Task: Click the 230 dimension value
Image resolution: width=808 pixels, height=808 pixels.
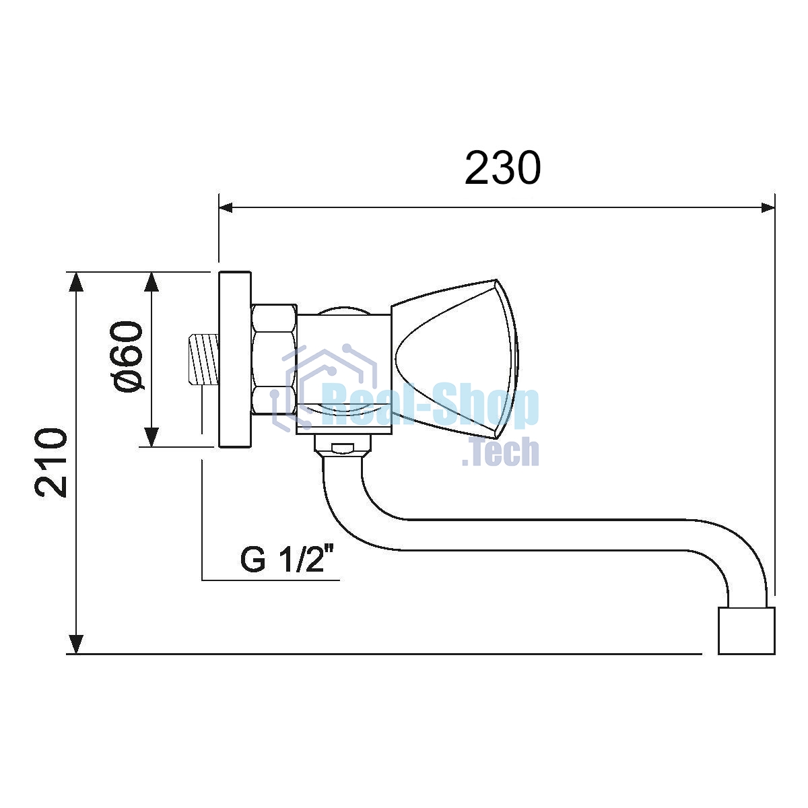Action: (x=503, y=168)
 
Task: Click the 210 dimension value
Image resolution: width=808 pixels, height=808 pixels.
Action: (x=51, y=463)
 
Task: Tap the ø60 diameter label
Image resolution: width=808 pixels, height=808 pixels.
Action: (x=126, y=357)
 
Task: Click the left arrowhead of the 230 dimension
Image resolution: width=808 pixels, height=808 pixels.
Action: (x=226, y=207)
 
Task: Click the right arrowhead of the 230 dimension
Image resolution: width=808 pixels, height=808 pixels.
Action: (x=768, y=207)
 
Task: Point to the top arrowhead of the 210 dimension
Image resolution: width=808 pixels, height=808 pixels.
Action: (x=75, y=281)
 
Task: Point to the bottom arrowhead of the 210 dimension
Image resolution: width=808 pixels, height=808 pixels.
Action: (x=75, y=644)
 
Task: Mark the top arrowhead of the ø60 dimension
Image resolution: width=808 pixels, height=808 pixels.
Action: (x=151, y=281)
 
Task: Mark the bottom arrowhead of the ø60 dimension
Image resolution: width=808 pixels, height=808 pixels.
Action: (x=151, y=437)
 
